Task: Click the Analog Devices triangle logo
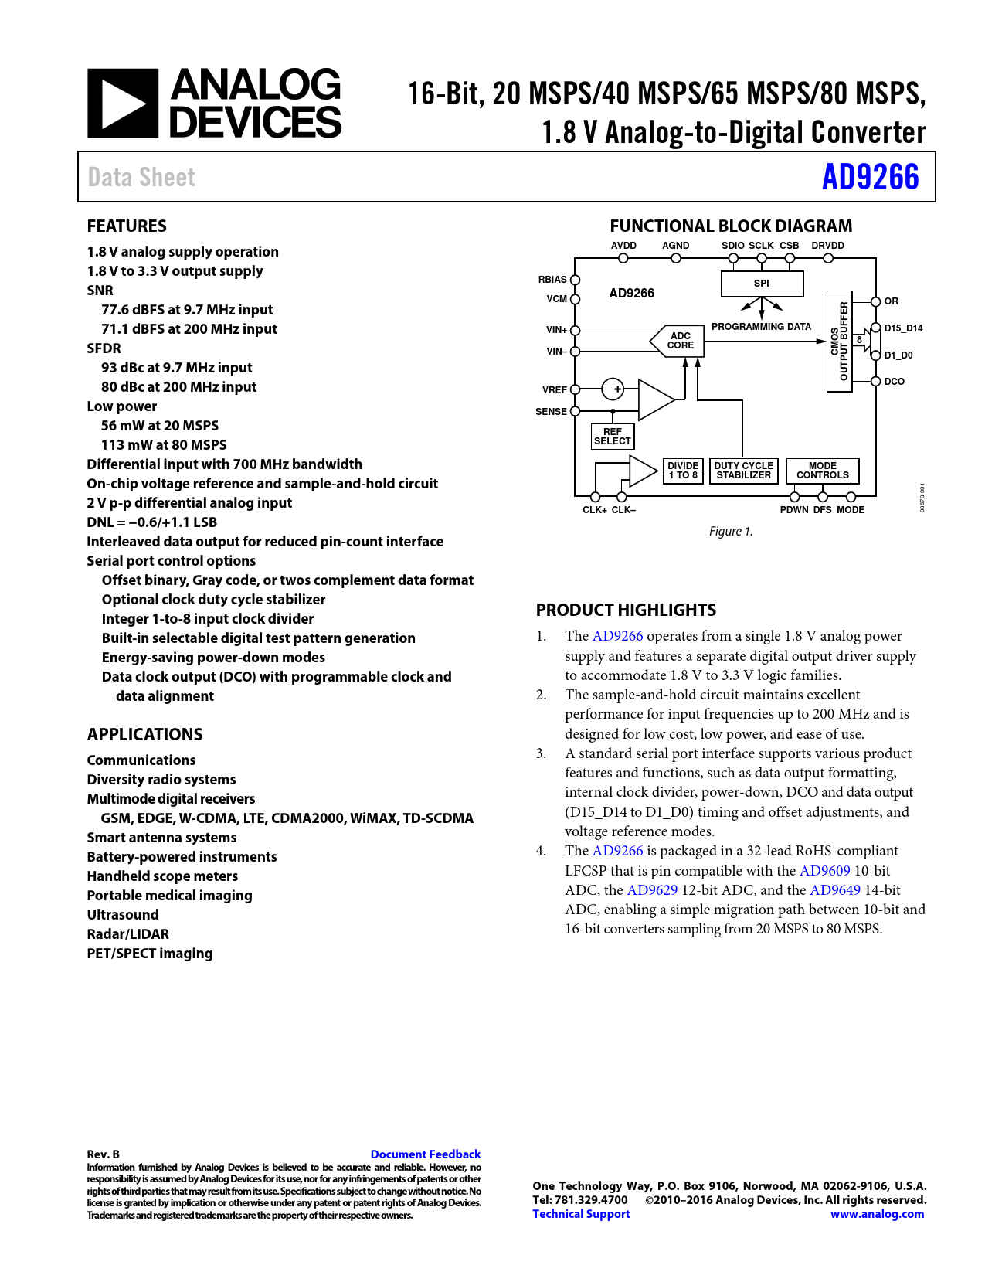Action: (x=123, y=104)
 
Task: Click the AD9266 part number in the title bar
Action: (x=870, y=177)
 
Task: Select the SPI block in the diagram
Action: (x=762, y=284)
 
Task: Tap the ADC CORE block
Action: (x=679, y=341)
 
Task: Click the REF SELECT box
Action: (x=613, y=437)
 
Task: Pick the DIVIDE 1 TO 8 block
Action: (x=683, y=471)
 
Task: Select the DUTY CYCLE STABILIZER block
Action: (x=743, y=471)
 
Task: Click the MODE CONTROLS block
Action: (x=822, y=471)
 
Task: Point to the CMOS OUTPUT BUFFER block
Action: (x=839, y=342)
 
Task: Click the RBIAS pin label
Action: (x=552, y=280)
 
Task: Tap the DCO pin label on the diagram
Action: (x=894, y=382)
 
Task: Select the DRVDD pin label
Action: (x=827, y=246)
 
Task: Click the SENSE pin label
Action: (x=551, y=412)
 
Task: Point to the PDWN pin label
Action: (x=793, y=510)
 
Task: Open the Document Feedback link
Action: (x=425, y=1154)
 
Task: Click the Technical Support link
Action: (x=581, y=1214)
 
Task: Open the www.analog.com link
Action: (x=877, y=1214)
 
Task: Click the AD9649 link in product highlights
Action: (x=834, y=890)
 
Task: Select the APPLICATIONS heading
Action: (x=144, y=734)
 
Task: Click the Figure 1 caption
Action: (x=730, y=532)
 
